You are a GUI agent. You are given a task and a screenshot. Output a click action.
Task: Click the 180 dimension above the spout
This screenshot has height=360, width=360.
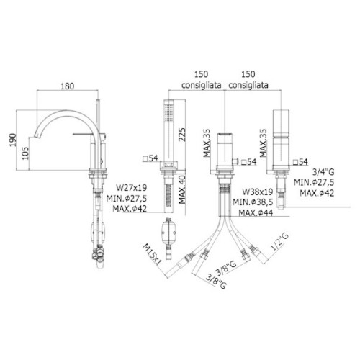[67, 86]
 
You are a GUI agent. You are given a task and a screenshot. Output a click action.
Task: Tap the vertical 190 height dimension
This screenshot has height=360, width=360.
[12, 140]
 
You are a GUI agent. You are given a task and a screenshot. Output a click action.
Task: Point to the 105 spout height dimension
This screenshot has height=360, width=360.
[25, 153]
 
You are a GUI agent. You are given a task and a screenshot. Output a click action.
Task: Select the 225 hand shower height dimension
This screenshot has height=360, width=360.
[181, 135]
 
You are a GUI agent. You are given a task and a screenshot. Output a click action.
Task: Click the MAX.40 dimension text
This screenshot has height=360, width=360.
[182, 189]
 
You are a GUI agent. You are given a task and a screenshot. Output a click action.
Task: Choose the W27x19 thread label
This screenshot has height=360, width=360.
[131, 187]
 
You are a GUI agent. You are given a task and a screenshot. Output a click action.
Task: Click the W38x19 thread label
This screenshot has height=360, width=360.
[258, 192]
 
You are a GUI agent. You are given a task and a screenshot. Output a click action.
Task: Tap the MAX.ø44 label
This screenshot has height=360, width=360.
[256, 212]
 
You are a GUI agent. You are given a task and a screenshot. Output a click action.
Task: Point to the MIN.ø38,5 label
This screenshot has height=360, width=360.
[253, 202]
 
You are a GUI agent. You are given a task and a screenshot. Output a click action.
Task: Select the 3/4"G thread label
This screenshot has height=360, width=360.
[323, 172]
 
